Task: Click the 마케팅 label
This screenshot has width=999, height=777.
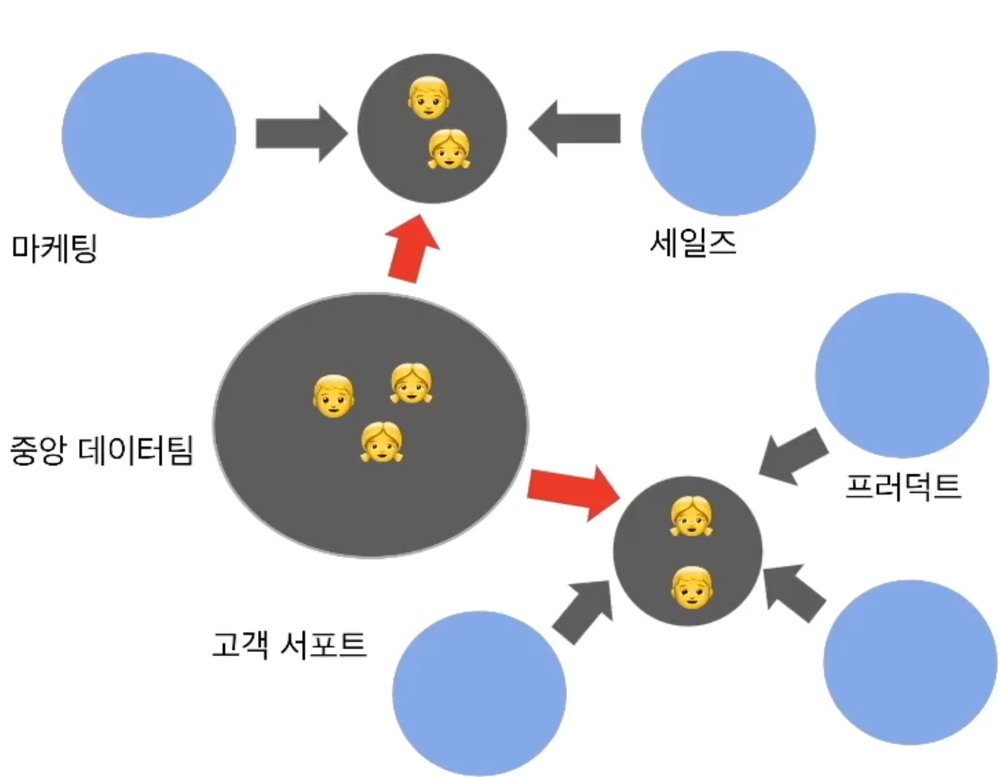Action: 54,248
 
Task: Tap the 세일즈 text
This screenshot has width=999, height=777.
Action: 692,243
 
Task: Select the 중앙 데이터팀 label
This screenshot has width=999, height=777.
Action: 101,450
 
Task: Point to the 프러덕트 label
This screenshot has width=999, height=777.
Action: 903,486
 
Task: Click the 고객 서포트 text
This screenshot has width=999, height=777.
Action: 289,645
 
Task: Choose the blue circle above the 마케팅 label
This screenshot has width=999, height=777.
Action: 149,135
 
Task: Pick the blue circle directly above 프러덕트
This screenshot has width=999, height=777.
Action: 902,375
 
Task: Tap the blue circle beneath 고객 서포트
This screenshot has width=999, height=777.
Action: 479,693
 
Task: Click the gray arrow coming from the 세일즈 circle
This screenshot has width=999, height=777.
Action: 575,129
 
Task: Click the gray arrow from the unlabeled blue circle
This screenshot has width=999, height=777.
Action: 793,592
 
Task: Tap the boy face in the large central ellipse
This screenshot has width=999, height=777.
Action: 334,396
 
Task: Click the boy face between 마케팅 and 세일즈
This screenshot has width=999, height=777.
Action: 429,98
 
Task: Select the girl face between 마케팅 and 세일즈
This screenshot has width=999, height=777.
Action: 449,149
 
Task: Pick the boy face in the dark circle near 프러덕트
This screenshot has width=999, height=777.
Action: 692,587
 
